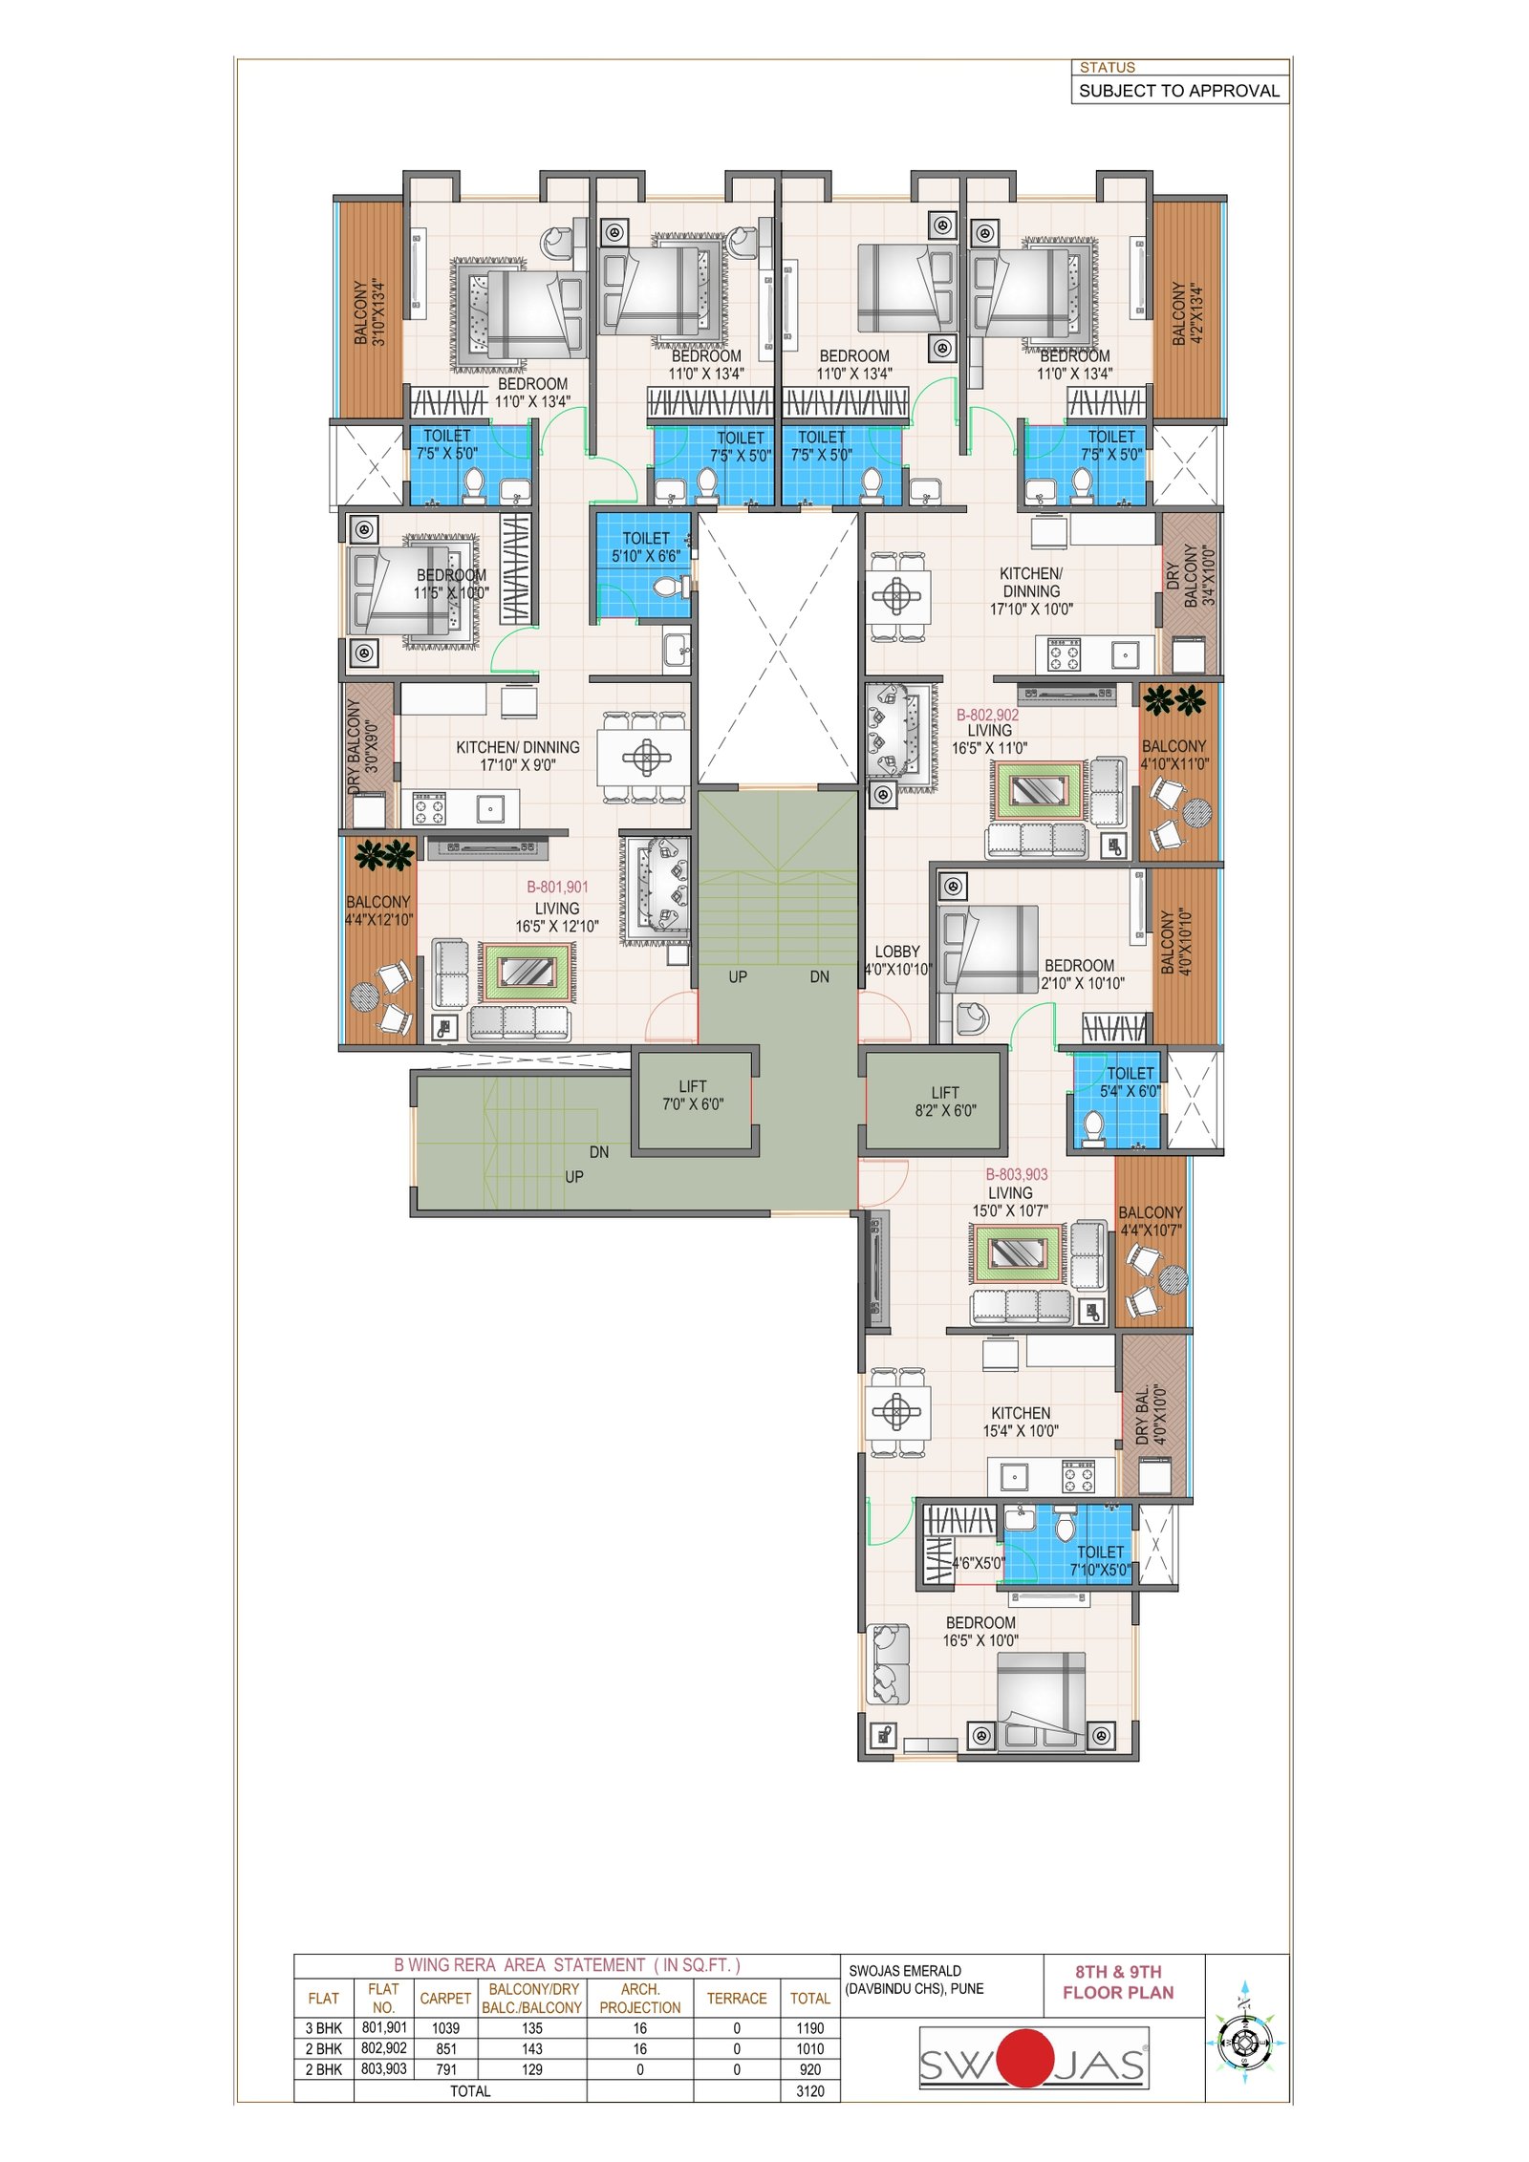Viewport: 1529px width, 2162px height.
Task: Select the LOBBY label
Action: [897, 952]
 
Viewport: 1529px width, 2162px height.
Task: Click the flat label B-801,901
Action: [557, 887]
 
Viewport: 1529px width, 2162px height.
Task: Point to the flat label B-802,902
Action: [987, 715]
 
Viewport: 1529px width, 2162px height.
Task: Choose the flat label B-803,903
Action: [1017, 1174]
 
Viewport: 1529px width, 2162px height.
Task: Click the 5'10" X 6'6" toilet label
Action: [646, 547]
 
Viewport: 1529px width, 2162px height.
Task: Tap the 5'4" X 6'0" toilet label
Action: [1131, 1082]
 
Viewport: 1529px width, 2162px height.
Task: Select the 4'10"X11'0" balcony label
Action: [1174, 755]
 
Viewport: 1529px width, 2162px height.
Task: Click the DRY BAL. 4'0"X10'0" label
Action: [1152, 1415]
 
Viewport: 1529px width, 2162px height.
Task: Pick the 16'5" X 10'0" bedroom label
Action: [980, 1632]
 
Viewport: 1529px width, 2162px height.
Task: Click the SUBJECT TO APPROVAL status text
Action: [1179, 91]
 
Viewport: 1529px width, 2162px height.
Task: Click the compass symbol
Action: [1243, 2043]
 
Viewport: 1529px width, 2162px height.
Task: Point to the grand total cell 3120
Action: [809, 2091]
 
